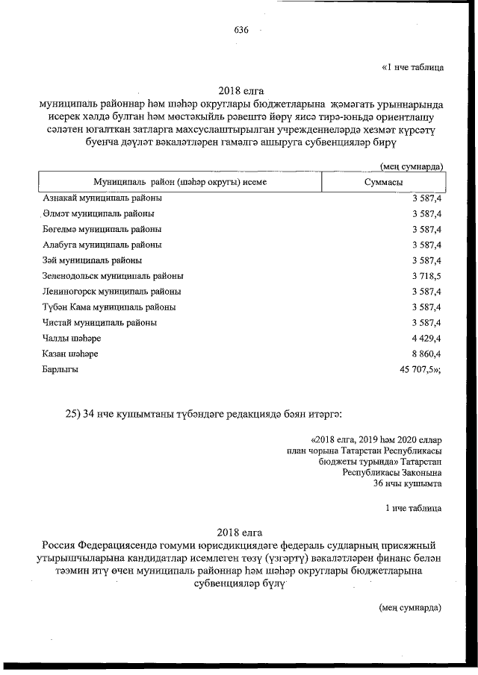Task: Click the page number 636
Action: pyautogui.click(x=240, y=30)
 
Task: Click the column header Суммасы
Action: pyautogui.click(x=384, y=182)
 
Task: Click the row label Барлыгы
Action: pyautogui.click(x=60, y=369)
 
